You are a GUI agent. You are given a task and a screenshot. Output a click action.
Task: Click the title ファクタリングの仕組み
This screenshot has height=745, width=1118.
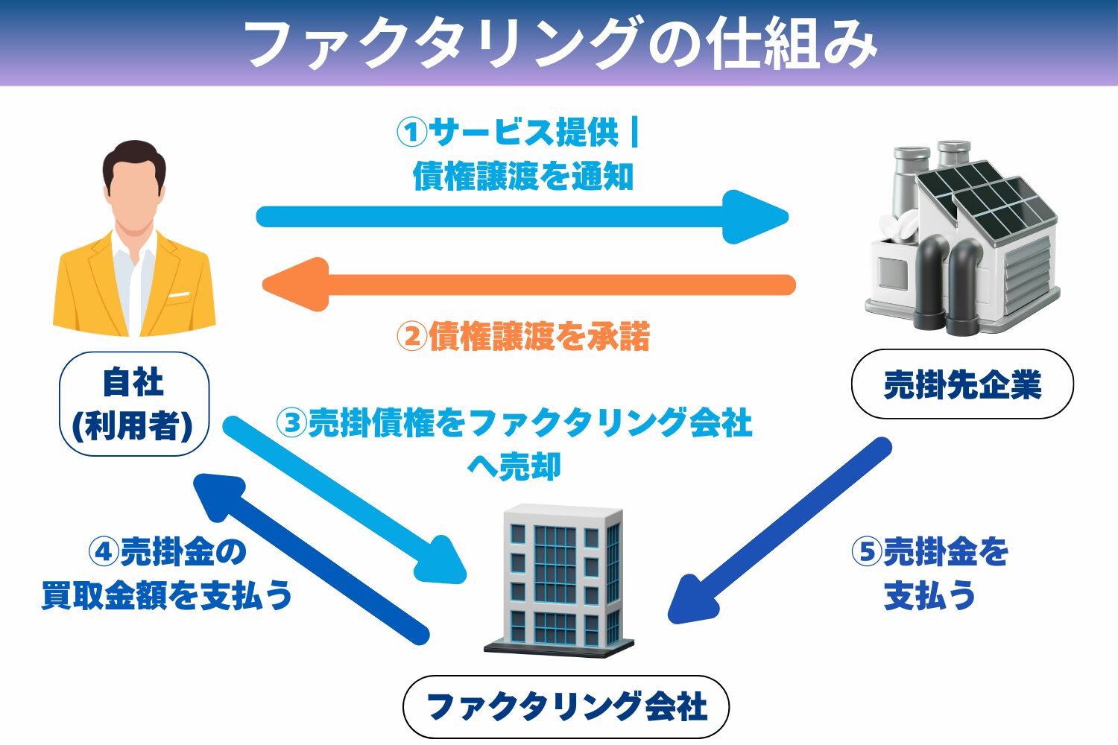click(559, 42)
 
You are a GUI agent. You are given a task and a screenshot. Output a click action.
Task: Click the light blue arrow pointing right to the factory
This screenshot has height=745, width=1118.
click(522, 217)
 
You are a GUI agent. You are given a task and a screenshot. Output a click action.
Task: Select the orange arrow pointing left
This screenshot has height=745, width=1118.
click(529, 285)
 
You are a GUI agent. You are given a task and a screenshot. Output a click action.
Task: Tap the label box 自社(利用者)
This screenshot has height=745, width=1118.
click(133, 404)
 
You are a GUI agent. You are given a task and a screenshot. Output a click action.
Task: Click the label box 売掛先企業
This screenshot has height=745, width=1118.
click(961, 384)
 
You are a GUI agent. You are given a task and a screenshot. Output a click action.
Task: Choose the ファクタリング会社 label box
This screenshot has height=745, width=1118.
click(566, 706)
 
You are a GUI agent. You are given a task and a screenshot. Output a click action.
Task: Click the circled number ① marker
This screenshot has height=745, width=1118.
click(411, 133)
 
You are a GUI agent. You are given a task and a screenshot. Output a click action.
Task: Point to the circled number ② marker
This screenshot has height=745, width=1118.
click(411, 337)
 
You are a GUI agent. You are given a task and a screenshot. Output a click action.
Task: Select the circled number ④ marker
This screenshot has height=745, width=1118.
click(104, 552)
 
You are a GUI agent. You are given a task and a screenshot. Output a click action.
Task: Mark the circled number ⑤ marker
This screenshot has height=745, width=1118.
click(867, 552)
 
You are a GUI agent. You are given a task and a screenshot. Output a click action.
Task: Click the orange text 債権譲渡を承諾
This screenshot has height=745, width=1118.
click(538, 337)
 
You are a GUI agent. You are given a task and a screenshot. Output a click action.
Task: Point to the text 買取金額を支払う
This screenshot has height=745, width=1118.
click(167, 595)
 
